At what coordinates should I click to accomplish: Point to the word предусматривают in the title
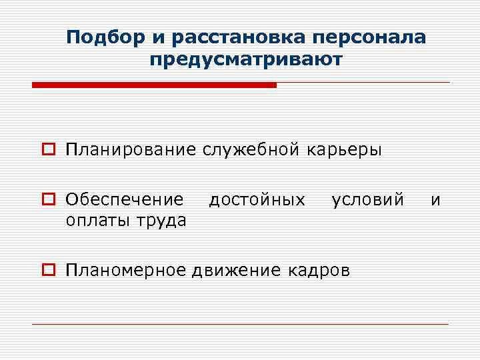click(x=246, y=61)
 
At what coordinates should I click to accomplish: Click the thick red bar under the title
click(x=154, y=85)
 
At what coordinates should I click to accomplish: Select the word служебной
click(x=251, y=149)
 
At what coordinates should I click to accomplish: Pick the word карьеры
click(x=345, y=149)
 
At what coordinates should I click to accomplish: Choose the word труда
click(x=161, y=220)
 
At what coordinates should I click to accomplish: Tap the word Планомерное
click(x=127, y=270)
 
